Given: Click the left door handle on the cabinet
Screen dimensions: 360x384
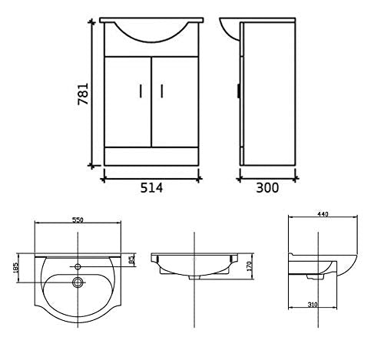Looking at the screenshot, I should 141,91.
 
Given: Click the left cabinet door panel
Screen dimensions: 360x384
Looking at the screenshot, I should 127,100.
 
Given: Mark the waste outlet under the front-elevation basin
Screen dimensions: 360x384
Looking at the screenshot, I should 193,275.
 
